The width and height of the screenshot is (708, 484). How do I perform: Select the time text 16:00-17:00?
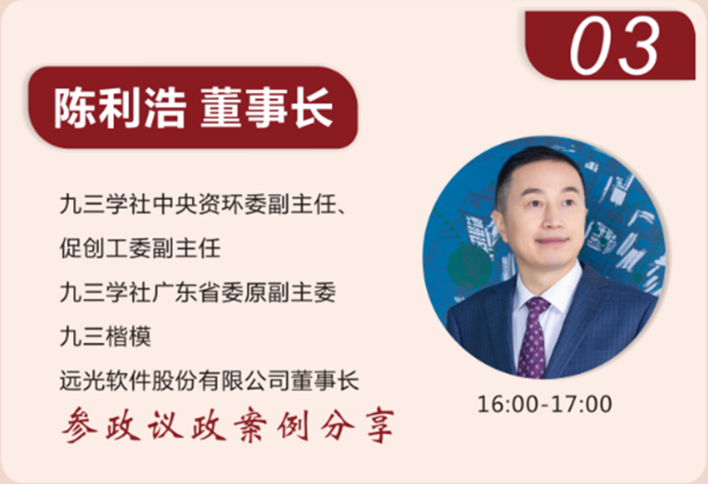[x=544, y=405]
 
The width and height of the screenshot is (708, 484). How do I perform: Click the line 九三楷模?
[x=105, y=338]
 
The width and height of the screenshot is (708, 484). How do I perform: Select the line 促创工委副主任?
[x=140, y=249]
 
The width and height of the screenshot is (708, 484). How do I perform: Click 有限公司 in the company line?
[x=259, y=382]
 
